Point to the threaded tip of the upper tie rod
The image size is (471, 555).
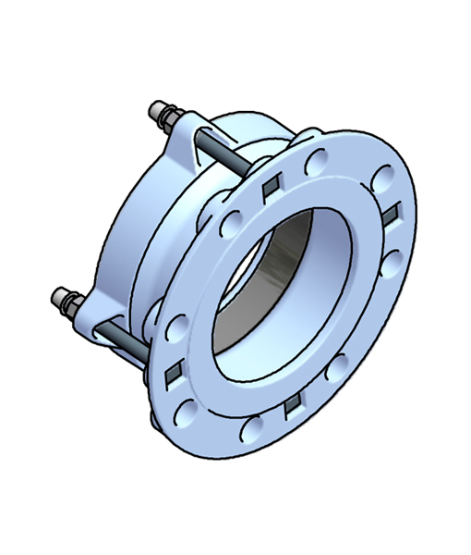156,108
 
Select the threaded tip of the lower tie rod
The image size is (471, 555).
58,295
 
